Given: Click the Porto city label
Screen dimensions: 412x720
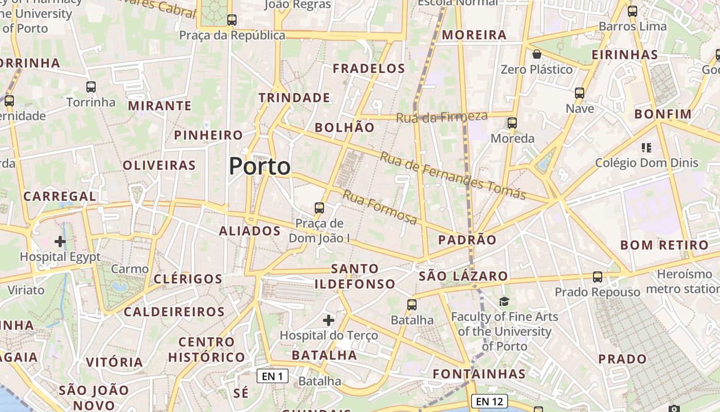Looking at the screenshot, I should (260, 166).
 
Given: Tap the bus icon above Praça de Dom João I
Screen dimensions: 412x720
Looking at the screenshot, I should (319, 208).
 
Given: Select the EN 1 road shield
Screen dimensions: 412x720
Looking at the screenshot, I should (272, 376).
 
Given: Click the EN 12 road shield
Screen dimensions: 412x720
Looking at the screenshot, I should (489, 401).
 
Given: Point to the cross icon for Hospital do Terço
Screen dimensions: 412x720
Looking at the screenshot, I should (329, 320).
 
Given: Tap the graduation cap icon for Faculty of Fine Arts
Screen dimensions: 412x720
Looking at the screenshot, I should (504, 301).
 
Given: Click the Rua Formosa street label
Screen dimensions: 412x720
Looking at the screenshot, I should (380, 208).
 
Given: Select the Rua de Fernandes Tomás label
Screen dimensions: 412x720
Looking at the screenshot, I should (453, 176).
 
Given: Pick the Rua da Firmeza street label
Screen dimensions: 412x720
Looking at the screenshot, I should (441, 117).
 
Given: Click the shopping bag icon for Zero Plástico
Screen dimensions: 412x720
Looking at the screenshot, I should (537, 54).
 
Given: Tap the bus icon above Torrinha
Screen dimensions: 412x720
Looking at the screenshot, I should (91, 87).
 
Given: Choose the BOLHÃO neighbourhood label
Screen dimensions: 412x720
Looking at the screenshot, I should (345, 128).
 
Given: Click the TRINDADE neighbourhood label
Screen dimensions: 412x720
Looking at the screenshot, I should (294, 97).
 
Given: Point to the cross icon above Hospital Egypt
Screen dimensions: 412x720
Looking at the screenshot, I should (60, 241).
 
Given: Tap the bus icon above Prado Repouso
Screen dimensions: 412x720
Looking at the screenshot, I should (597, 277).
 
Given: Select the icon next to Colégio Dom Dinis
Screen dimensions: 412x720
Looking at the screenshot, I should (646, 148).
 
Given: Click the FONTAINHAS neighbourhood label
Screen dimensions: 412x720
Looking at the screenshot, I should (479, 374).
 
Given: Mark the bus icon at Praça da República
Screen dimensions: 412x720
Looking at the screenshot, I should (232, 20).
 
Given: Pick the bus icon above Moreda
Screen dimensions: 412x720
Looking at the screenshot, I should (512, 123).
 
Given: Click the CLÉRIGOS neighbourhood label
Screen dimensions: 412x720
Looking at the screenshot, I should (188, 279).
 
